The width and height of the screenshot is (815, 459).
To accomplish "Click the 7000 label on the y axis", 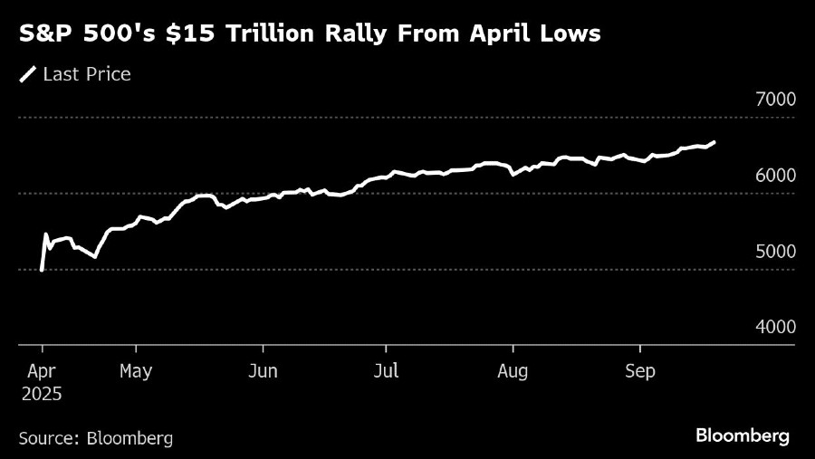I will pos(775,100).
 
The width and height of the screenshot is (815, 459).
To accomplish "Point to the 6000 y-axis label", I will pos(775,176).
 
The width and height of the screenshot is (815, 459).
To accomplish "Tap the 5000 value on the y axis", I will pos(775,251).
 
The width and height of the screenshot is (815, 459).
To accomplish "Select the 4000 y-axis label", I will pos(775,327).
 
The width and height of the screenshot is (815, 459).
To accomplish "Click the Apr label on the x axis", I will pos(43,370).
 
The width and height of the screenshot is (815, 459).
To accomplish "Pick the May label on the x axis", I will pos(136,370).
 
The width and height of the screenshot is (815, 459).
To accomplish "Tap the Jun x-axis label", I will pos(263,370).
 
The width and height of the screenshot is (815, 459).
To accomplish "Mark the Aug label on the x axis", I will pos(513,370).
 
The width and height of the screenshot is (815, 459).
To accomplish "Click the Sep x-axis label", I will pos(640,370).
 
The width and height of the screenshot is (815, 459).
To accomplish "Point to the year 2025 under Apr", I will pos(43,394).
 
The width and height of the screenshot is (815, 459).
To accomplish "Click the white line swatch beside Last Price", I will pos(28,74).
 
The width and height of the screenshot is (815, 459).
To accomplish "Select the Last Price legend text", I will pos(87,74).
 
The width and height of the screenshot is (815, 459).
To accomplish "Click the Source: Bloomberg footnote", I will pos(95,437).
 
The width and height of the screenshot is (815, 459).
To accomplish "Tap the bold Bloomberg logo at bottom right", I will pos(742,435).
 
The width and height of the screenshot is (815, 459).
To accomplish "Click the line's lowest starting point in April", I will pos(42,269).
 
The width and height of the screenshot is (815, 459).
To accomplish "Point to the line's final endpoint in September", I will pos(714,142).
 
